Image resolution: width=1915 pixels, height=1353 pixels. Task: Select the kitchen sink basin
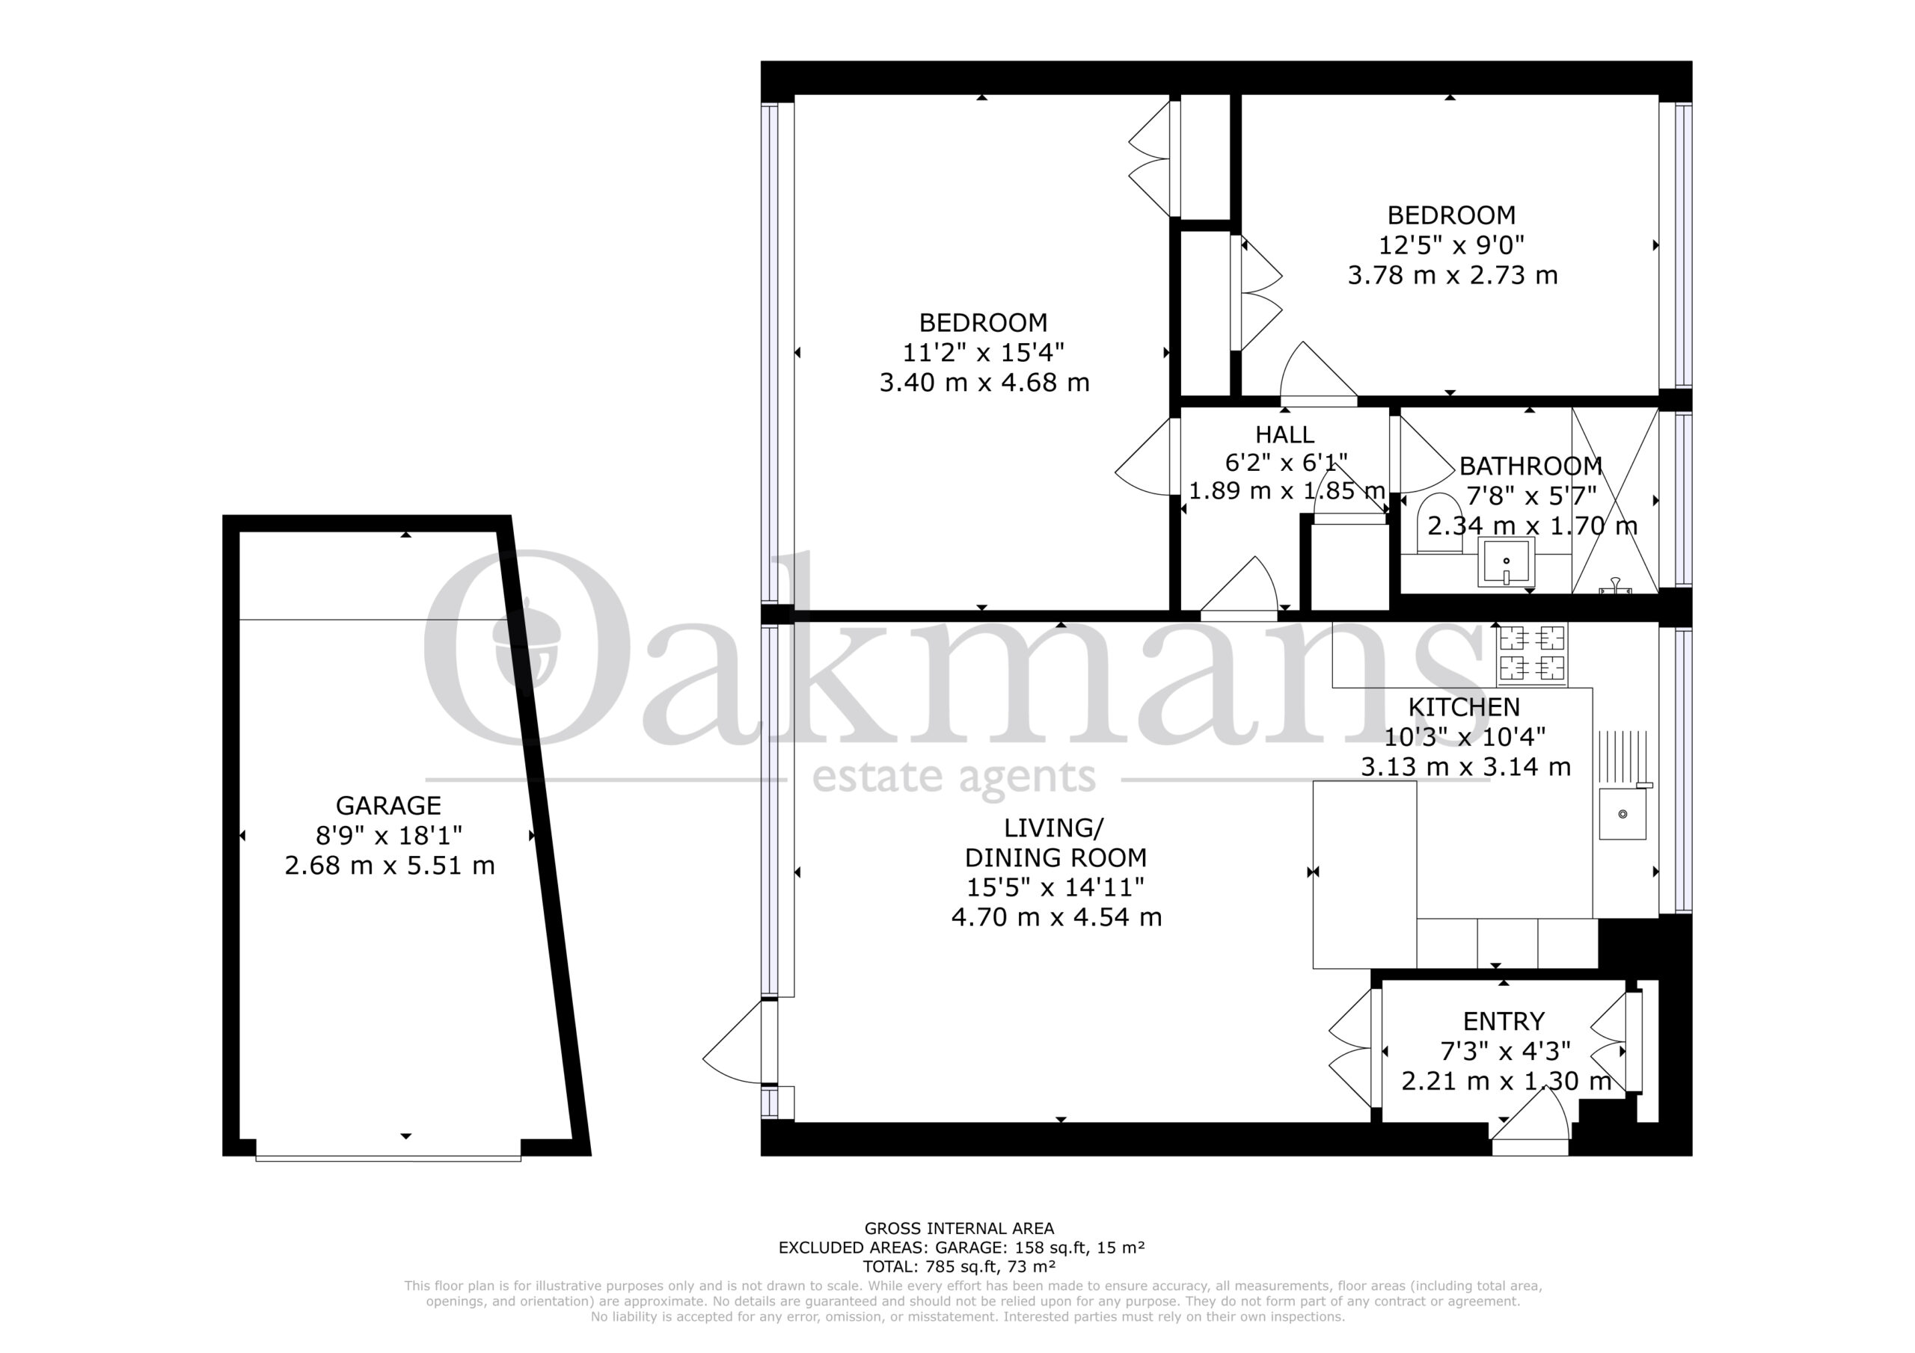pos(1623,813)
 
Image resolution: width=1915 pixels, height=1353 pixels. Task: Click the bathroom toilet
pos(1441,523)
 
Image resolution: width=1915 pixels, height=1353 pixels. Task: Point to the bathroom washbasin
pos(1506,563)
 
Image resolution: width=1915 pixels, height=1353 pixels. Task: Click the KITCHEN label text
pos(1464,707)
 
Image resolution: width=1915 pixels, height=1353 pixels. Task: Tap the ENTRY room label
pos(1504,1021)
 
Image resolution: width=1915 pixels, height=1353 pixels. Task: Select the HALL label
pos(1284,434)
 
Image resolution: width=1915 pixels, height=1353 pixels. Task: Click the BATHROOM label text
pos(1531,465)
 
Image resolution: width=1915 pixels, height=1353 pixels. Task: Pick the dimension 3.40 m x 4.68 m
pos(984,383)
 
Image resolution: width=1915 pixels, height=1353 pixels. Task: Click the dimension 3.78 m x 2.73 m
pos(1452,275)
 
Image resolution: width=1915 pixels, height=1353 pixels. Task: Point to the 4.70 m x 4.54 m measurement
pos(1056,917)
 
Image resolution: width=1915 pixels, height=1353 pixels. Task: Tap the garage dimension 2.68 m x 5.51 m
pos(390,866)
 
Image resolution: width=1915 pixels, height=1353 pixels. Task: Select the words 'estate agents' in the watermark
pos(953,777)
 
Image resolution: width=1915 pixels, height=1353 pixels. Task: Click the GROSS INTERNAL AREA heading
pos(959,1228)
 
